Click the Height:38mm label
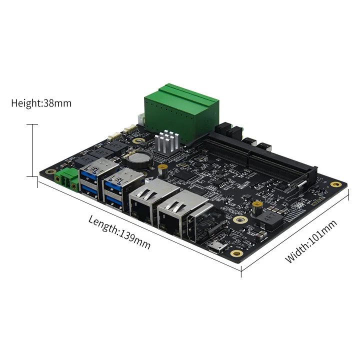(41, 103)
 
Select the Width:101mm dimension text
(311, 241)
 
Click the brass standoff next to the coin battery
(161, 170)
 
